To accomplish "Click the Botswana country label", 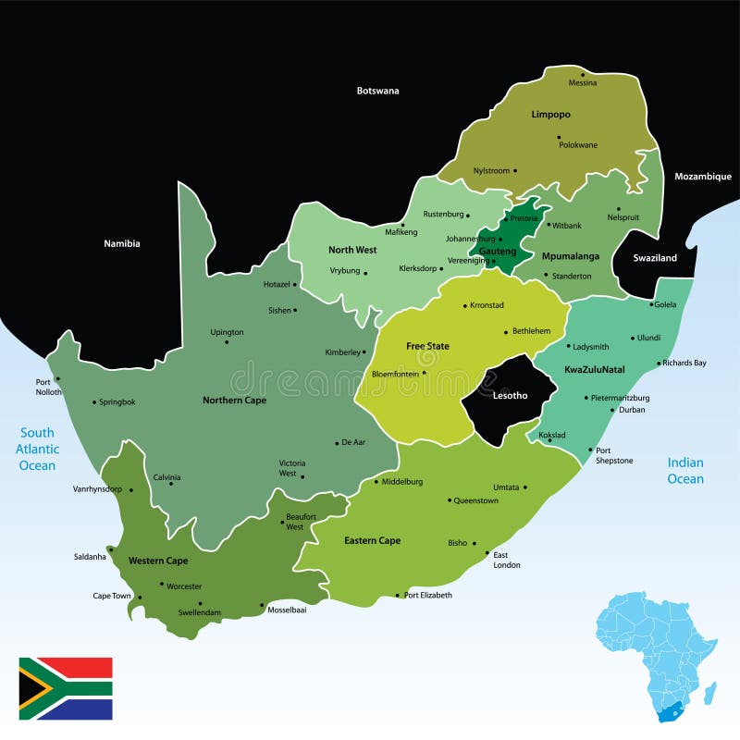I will [377, 91].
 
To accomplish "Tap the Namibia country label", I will [121, 243].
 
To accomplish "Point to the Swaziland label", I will [654, 258].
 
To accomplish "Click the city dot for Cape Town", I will [138, 596].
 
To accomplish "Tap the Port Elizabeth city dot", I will [399, 596].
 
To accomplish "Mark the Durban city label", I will [632, 409].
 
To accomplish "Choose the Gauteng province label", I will [497, 251].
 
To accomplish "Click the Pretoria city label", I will [524, 218].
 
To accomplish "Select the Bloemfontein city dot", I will [425, 374].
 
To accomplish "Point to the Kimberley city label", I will [341, 352].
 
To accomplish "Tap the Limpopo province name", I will [550, 115].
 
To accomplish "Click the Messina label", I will [583, 83].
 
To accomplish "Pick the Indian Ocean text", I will [685, 471].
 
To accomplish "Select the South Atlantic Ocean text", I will [38, 449].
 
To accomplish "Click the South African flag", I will [66, 688].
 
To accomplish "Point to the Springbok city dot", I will [94, 402].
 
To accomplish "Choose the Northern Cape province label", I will [235, 401].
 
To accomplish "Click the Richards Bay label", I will [684, 364].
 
